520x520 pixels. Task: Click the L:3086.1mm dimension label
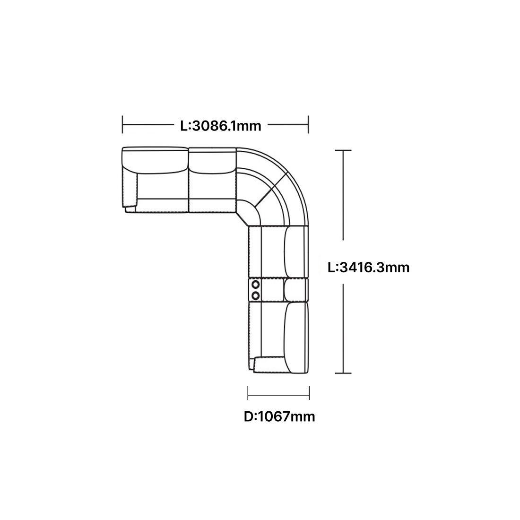(x=221, y=126)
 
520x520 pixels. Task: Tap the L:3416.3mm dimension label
(x=368, y=267)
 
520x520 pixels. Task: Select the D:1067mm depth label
(x=279, y=416)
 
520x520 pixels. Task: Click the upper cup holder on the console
(x=256, y=284)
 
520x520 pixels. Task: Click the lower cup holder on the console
(x=256, y=295)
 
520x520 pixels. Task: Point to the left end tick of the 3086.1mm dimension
(x=122, y=125)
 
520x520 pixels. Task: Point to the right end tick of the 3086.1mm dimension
(x=308, y=125)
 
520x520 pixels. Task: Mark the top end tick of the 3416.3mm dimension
(x=343, y=150)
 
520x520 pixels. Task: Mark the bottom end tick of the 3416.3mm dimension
(x=343, y=373)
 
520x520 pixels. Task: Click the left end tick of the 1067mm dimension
(x=248, y=393)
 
